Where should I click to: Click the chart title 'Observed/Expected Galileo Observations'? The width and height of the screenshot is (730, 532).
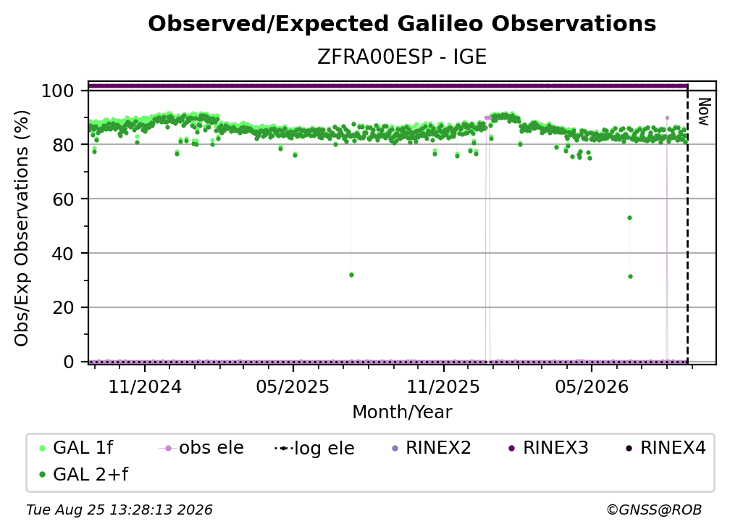[402, 24]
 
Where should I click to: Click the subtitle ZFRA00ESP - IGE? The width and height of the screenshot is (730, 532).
[402, 57]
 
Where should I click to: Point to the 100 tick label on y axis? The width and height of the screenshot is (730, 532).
[57, 91]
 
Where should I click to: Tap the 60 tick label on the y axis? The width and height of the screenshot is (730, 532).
[63, 199]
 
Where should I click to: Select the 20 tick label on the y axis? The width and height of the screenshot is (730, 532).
[63, 308]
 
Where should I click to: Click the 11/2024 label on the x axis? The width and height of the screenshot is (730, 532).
[145, 386]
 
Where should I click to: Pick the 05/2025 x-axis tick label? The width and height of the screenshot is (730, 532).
[293, 386]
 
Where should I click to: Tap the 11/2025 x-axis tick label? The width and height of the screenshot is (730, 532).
[443, 386]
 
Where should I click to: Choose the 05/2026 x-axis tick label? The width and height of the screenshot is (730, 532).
[592, 386]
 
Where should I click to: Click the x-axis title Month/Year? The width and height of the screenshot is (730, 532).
[402, 412]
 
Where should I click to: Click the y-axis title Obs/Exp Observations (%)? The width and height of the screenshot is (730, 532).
[22, 228]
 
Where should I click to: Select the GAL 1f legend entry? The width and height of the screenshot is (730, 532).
[76, 448]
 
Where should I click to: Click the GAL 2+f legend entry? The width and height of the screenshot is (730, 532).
[83, 474]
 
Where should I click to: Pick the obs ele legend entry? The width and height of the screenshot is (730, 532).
[201, 448]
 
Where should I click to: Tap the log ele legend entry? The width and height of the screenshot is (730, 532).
[315, 448]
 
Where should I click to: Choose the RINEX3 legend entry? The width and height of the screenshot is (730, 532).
[548, 448]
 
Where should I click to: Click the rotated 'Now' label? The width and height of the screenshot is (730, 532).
[704, 112]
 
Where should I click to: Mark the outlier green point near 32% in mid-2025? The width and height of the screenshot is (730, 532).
[351, 275]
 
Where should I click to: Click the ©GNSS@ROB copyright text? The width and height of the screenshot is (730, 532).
[654, 510]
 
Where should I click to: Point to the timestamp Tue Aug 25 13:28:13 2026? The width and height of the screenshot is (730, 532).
[119, 510]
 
